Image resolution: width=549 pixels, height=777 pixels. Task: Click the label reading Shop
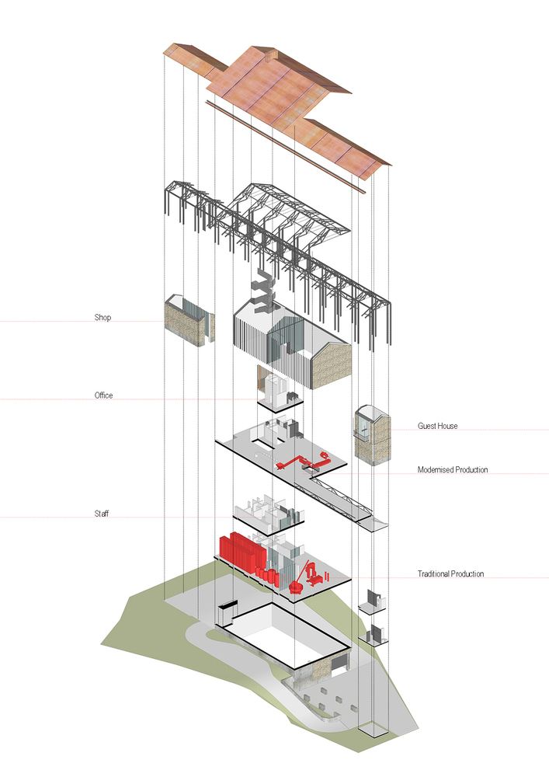click(103, 318)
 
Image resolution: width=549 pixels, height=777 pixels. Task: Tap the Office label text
click(103, 395)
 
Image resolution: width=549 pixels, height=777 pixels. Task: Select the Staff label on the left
click(101, 514)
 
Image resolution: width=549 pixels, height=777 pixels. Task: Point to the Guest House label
click(437, 426)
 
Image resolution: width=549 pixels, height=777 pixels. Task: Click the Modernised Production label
click(453, 470)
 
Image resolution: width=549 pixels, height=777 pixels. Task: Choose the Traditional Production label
click(450, 574)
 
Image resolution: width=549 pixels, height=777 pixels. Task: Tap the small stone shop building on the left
click(186, 320)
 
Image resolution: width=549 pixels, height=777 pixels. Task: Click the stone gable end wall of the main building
click(332, 364)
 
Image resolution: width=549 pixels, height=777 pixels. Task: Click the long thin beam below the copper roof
click(287, 148)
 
